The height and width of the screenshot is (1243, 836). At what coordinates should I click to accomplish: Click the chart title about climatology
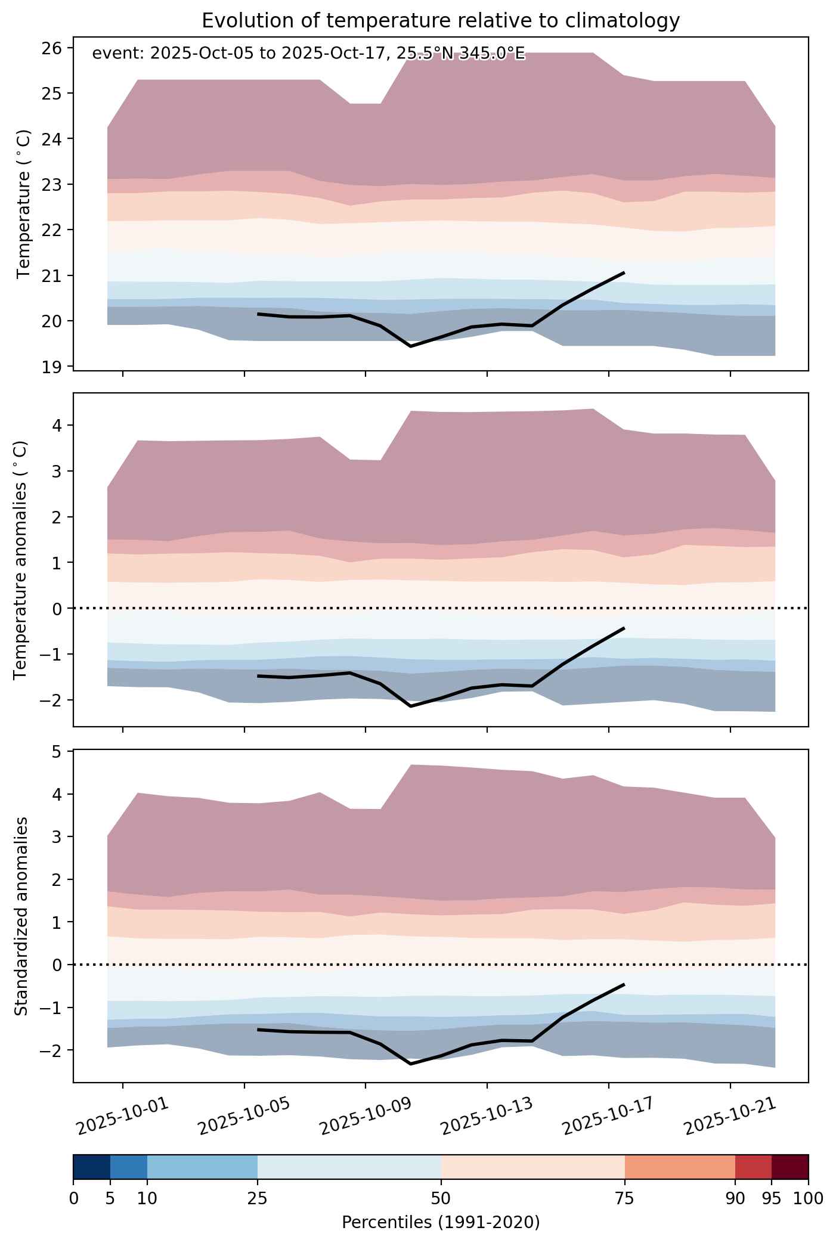tap(441, 21)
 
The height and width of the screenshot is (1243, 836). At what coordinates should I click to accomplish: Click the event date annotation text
tap(309, 54)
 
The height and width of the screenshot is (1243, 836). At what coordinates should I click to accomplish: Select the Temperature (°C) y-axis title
tap(24, 204)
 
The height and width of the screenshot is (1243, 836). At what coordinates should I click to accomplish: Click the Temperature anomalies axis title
tap(21, 560)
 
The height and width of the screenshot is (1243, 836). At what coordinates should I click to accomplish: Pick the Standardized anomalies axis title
tap(21, 916)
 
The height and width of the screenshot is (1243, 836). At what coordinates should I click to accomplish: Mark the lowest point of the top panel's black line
tap(410, 346)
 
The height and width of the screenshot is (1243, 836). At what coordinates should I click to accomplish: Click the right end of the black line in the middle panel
tap(624, 628)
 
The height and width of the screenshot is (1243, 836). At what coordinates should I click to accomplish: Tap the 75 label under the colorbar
tap(625, 1198)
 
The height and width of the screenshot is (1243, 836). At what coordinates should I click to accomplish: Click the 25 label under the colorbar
tap(258, 1198)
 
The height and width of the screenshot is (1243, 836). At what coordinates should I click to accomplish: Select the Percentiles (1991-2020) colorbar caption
tap(441, 1223)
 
